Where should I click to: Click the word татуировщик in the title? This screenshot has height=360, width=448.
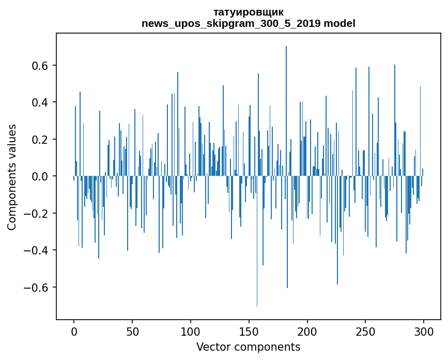(249, 12)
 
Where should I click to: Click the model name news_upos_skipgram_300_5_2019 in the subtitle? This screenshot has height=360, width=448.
(231, 23)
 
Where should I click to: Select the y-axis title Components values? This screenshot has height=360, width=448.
(12, 177)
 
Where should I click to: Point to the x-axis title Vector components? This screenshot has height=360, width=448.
(248, 347)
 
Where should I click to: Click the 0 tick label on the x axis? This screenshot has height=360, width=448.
(74, 332)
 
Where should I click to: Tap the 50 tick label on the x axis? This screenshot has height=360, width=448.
(132, 332)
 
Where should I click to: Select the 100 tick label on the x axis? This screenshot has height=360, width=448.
(191, 332)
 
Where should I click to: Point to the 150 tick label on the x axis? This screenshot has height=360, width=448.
(249, 332)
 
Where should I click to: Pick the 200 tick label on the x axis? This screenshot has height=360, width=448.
(307, 332)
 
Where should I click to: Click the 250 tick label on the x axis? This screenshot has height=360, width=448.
(366, 332)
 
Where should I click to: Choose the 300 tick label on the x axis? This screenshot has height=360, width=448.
(424, 332)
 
